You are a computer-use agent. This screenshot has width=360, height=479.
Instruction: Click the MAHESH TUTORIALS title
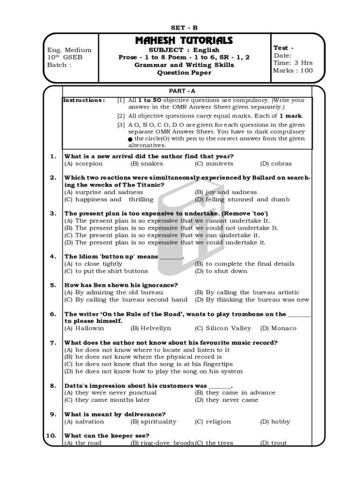[184, 41]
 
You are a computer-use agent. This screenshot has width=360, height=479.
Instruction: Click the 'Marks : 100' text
[293, 71]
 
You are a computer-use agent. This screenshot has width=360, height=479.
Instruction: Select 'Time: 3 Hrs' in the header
[293, 63]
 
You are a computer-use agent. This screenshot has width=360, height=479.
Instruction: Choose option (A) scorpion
[83, 164]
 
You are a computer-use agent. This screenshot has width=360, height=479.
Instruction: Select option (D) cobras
[275, 164]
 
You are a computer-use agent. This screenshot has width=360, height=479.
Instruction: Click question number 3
[53, 213]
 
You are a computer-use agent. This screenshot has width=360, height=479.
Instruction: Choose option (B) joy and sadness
[225, 192]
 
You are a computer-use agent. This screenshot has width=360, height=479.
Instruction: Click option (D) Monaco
[278, 328]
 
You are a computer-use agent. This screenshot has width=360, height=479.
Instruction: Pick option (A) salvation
[84, 421]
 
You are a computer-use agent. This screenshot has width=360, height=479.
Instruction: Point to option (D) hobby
[275, 421]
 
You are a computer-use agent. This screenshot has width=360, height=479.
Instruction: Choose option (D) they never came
[226, 400]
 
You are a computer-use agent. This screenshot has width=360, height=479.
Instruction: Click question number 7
[53, 343]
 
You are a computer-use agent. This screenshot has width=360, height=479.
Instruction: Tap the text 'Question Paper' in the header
[184, 73]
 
